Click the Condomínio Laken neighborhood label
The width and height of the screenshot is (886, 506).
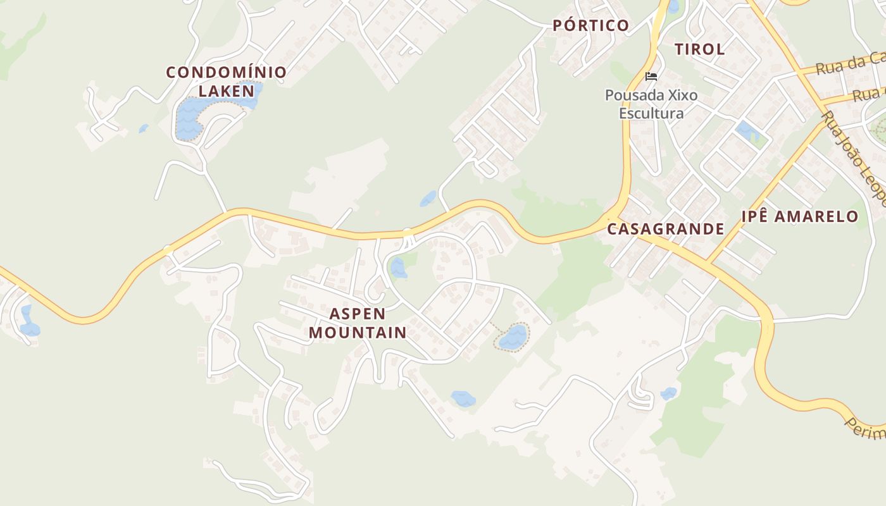pos(226,81)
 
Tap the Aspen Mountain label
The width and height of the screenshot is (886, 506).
pos(358,323)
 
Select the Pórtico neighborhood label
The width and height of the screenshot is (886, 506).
pos(590,25)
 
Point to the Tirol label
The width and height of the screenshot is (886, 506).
pos(699,49)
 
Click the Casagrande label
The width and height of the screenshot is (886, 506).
pos(665,229)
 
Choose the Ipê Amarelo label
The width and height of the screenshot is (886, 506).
pos(800,216)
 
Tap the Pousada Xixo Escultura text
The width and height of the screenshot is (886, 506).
pos(651,104)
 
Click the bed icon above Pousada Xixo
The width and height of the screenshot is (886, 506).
pos(651,77)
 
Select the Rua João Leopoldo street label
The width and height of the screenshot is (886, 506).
pos(854,158)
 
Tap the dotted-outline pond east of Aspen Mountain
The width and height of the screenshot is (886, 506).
pos(513,337)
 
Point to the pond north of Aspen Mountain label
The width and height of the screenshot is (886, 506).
pos(398,268)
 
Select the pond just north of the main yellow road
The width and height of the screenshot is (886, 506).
pos(428,199)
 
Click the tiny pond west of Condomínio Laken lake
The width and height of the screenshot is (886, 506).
pos(144,128)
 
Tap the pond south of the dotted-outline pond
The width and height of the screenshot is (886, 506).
pos(463,398)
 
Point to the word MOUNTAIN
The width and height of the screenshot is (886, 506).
pos(358,332)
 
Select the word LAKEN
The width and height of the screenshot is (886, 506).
pos(226,90)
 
